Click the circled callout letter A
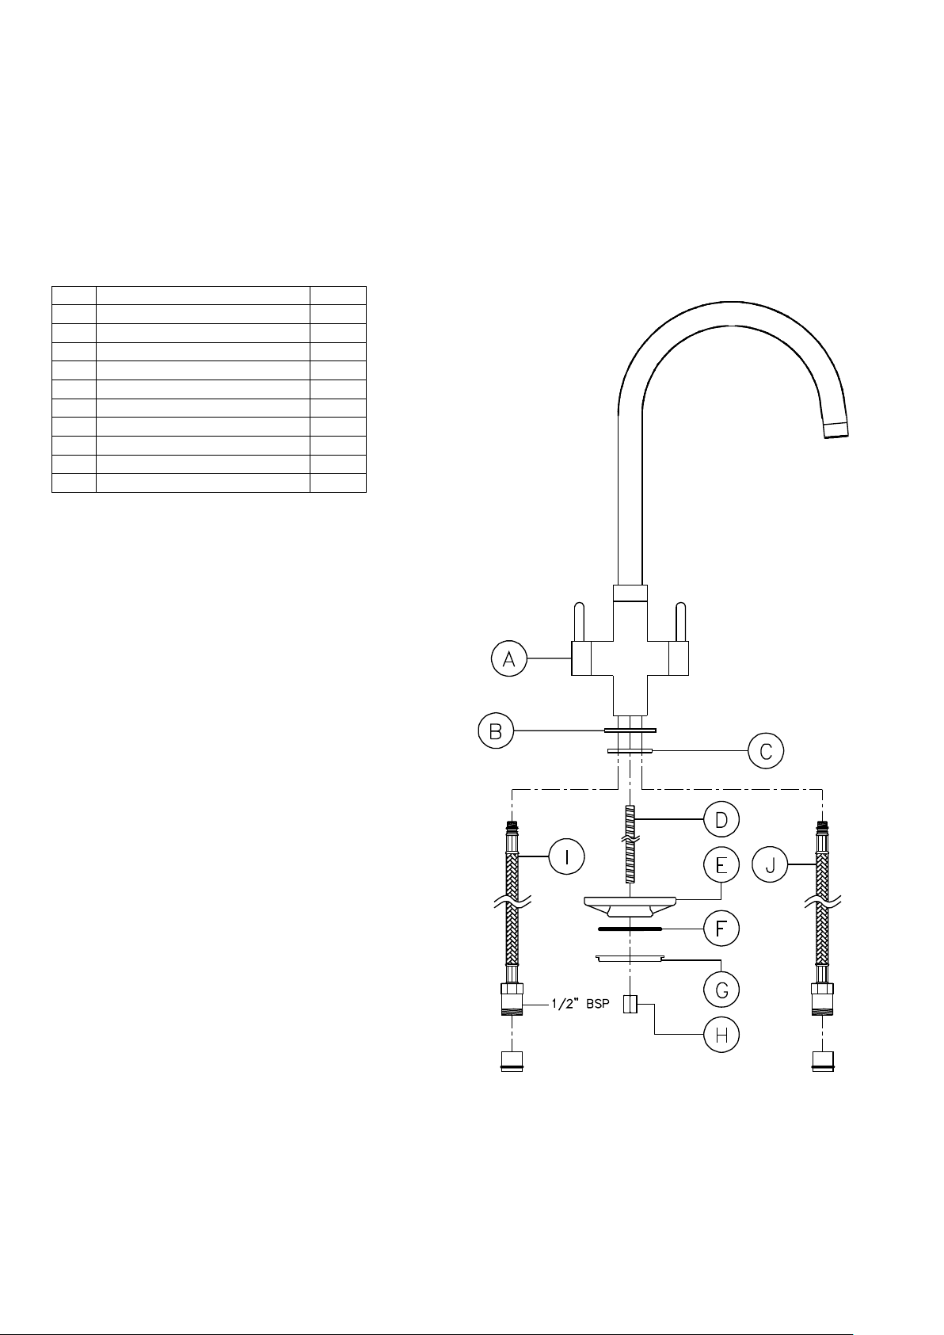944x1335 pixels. pos(509,658)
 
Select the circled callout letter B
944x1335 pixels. pos(496,731)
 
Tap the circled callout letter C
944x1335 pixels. pos(766,751)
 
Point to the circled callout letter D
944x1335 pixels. pos(721,819)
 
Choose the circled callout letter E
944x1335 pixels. pos(721,864)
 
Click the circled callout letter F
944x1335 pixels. pos(721,928)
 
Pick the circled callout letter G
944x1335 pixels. pos(721,990)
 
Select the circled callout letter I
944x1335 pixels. pos(566,856)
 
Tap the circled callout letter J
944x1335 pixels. pos(770,864)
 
